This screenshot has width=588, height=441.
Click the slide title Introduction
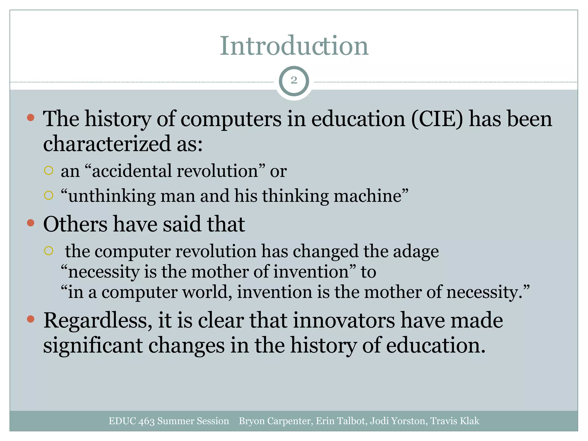pos(294,46)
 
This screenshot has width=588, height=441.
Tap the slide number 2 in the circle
pos(294,80)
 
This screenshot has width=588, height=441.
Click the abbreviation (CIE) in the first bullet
pos(437,119)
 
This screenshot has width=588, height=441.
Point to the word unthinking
pos(112,196)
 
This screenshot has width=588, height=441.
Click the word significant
pos(93,346)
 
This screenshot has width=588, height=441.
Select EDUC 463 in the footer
pos(131,421)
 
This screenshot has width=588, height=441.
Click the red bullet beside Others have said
pos(31,223)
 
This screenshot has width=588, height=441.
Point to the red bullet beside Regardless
pos(31,319)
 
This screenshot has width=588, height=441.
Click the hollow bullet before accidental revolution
pos(49,171)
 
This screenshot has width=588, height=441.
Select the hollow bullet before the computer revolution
pos(49,251)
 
